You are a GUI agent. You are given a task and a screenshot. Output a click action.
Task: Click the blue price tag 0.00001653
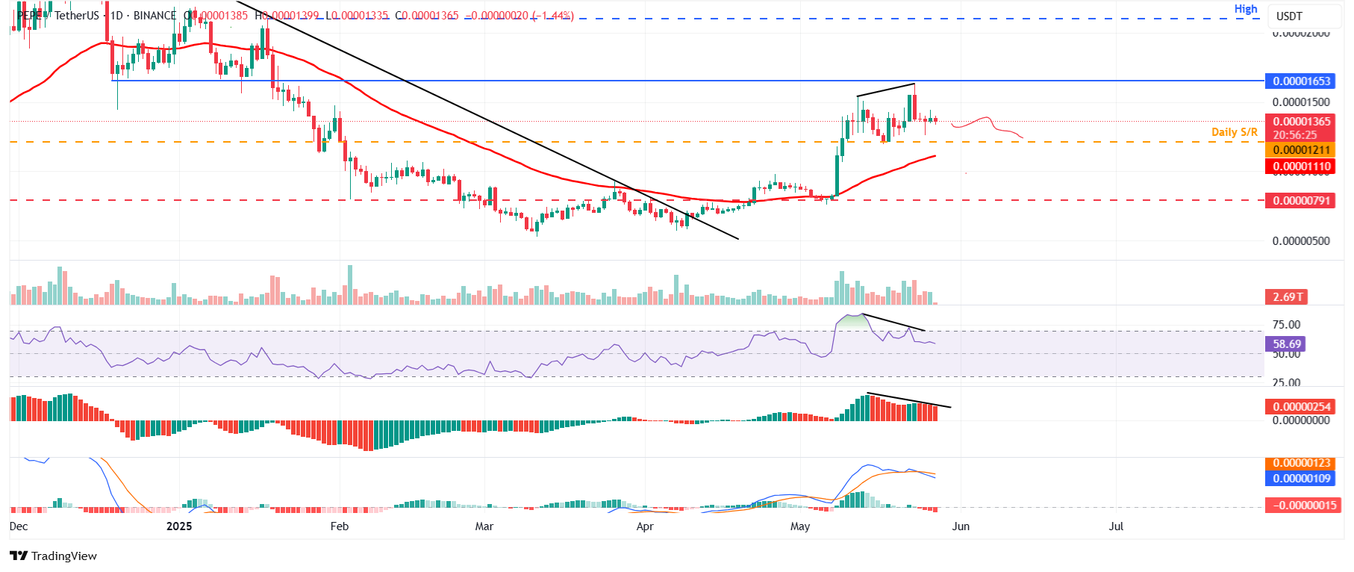click(x=1302, y=81)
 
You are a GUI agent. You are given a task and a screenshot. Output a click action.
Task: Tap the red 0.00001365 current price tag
click(x=1302, y=121)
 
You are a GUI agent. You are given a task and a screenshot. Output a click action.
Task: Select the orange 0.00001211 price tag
click(x=1302, y=150)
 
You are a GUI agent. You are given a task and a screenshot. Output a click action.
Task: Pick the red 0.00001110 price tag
click(x=1302, y=167)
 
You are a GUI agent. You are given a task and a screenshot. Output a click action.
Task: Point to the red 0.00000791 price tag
click(x=1302, y=200)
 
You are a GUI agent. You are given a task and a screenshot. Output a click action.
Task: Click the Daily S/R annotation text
click(x=1234, y=132)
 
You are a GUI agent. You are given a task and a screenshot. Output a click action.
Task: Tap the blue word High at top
click(x=1246, y=9)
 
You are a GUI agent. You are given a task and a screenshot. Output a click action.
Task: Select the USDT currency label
click(x=1289, y=16)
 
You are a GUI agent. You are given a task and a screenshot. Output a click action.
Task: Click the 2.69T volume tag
click(x=1288, y=296)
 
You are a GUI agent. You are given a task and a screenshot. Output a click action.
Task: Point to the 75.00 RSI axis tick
click(x=1286, y=325)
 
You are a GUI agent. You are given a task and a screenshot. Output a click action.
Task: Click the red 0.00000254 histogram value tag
click(x=1302, y=407)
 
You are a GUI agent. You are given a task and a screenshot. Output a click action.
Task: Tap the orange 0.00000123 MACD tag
click(x=1302, y=463)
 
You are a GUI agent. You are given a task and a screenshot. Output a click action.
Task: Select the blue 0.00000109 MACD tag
click(x=1302, y=478)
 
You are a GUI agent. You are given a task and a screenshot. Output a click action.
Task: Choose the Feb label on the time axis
click(x=340, y=526)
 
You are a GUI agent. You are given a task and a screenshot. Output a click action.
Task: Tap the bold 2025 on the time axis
click(x=179, y=526)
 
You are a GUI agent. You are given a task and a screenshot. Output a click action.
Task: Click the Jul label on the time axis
click(x=1116, y=526)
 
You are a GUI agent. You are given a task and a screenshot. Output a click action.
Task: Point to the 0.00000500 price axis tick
click(x=1301, y=241)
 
